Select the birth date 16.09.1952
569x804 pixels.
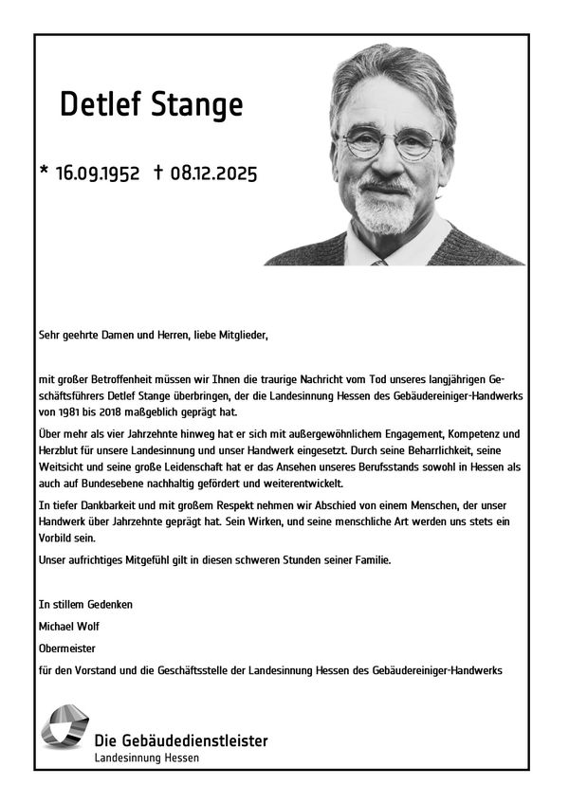(98, 173)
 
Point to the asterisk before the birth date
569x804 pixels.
(44, 172)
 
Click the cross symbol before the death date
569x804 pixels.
(157, 172)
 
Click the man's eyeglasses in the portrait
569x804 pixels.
(392, 143)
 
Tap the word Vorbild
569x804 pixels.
(58, 537)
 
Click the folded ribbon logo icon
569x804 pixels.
(64, 728)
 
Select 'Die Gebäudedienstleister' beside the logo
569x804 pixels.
(181, 740)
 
